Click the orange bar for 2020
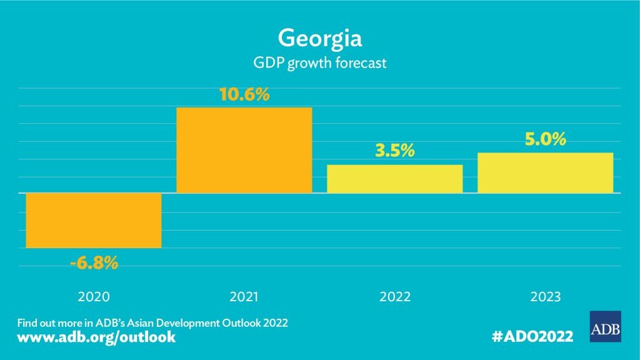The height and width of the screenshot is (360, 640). tap(93, 221)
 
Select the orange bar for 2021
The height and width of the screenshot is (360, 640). tap(244, 150)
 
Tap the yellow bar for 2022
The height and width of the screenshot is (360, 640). tap(394, 179)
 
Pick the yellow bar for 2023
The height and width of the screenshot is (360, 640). tap(545, 172)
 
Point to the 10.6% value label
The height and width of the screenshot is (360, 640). tap(244, 96)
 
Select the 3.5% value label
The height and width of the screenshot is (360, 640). tap(394, 152)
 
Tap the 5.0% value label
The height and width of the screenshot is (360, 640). tap(545, 139)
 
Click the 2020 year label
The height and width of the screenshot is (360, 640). tap(94, 296)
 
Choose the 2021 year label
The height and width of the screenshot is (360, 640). tap(244, 296)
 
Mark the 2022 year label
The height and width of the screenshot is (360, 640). tap(394, 296)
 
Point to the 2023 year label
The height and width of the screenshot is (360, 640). tap(545, 296)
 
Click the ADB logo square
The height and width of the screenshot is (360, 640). tap(605, 326)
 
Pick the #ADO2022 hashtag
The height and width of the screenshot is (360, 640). tap(532, 337)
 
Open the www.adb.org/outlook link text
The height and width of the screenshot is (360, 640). tap(96, 337)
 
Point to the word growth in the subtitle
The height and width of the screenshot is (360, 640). tap(307, 63)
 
